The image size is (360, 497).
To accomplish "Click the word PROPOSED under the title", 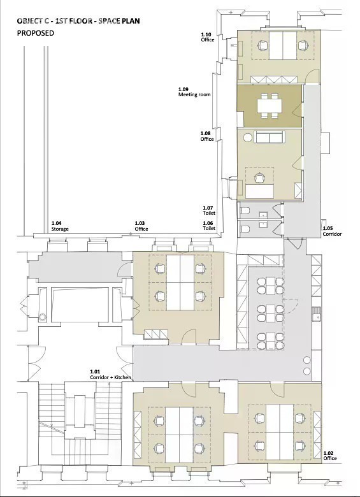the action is pyautogui.click(x=36, y=33).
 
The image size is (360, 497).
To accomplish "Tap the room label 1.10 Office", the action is pyautogui.click(x=208, y=37).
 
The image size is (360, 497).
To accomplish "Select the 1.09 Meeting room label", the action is pyautogui.click(x=194, y=92).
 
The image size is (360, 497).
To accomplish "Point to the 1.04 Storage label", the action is pyautogui.click(x=60, y=226).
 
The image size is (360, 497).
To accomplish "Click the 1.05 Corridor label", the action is pyautogui.click(x=332, y=231).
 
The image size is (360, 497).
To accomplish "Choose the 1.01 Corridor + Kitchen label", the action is pyautogui.click(x=111, y=375).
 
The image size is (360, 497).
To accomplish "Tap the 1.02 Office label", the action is pyautogui.click(x=330, y=456).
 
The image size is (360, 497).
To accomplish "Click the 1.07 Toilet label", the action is pyautogui.click(x=209, y=210).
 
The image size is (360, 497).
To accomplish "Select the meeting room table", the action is pyautogui.click(x=270, y=106).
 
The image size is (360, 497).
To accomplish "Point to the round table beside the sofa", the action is pyautogui.click(x=248, y=138).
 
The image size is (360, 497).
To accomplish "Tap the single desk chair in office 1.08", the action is pyautogui.click(x=260, y=178).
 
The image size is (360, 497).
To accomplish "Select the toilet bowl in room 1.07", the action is pyautogui.click(x=245, y=210).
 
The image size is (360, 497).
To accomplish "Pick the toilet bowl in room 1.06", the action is pyautogui.click(x=245, y=228).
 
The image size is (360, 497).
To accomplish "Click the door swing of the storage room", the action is pyautogui.click(x=123, y=270).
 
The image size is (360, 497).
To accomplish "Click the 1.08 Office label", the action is pyautogui.click(x=207, y=136).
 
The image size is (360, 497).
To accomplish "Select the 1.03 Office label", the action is pyautogui.click(x=141, y=226).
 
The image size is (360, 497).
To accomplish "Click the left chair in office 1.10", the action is pyautogui.click(x=263, y=45).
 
